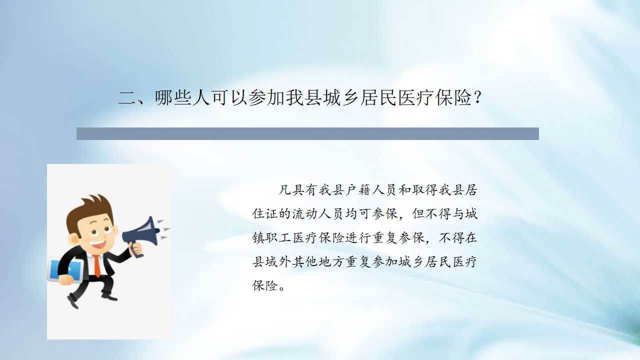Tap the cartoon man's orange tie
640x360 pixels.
tap(97, 265)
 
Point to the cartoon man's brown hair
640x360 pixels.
tap(88, 211)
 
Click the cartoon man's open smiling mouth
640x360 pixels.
tap(98, 244)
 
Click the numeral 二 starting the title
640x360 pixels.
tap(127, 98)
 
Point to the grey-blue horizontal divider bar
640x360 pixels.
tap(307, 133)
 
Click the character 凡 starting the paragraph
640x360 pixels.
tap(285, 190)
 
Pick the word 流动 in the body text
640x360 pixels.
tap(304, 213)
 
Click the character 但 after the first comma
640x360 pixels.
tap(418, 213)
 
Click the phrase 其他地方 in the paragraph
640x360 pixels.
tap(318, 261)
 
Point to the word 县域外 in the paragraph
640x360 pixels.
tap(271, 261)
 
